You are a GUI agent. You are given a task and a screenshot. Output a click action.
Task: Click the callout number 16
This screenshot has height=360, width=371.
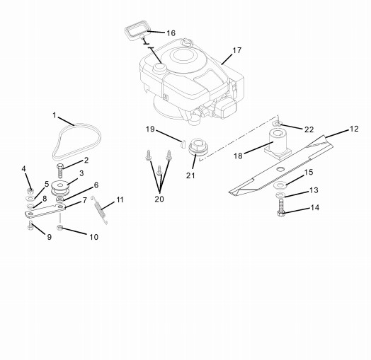click(x=171, y=33)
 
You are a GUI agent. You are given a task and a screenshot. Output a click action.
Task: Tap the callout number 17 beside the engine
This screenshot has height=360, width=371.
click(x=236, y=50)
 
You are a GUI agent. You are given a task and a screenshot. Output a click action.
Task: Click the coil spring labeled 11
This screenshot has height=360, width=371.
click(x=100, y=210)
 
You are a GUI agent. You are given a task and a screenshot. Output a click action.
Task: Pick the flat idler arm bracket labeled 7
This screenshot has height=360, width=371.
click(x=45, y=211)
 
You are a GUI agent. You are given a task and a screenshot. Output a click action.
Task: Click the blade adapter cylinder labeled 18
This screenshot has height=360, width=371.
click(x=278, y=144)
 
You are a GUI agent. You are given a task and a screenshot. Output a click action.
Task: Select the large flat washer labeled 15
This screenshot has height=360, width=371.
click(x=280, y=185)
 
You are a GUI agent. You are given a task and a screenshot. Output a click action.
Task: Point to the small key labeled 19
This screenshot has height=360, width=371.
click(x=182, y=144)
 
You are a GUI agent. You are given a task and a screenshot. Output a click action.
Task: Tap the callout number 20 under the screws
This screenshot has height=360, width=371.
click(x=159, y=199)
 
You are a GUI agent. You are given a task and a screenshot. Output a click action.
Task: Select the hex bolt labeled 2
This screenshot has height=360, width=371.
click(x=60, y=171)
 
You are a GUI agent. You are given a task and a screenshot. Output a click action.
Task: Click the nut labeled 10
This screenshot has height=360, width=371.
click(x=59, y=228)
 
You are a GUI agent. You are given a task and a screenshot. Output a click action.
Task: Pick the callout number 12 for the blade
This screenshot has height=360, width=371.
click(x=354, y=129)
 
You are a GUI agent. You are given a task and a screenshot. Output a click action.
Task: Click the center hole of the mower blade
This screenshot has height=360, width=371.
click(x=281, y=168)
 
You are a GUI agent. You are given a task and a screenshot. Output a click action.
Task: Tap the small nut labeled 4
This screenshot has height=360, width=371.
click(x=30, y=190)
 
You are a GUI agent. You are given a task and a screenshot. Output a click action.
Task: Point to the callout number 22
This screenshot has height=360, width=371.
click(x=309, y=129)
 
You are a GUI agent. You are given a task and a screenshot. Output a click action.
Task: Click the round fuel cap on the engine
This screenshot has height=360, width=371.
click(x=159, y=68)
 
